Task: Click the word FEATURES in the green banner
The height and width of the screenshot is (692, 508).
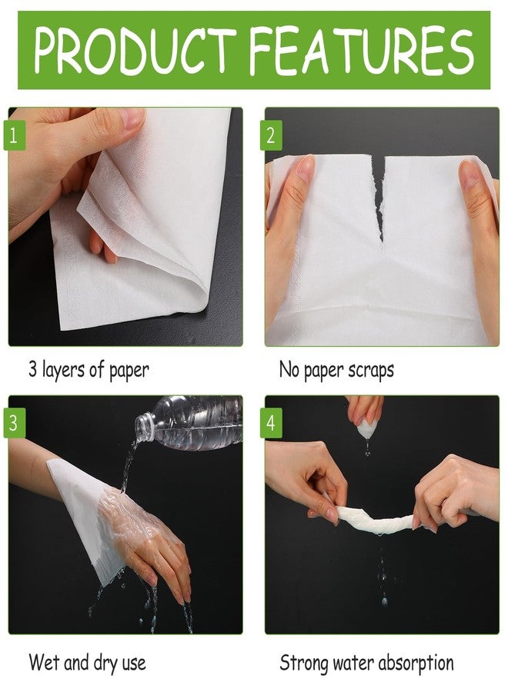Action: tap(362, 50)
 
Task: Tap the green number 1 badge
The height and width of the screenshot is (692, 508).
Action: tap(15, 135)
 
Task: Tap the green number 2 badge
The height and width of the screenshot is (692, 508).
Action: tap(271, 135)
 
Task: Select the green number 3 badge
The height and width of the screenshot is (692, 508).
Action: tap(15, 423)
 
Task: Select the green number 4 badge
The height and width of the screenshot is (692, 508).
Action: tap(271, 423)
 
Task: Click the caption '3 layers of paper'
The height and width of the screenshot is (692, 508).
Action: tap(89, 370)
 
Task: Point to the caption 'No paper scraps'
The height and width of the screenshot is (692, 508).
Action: tap(336, 370)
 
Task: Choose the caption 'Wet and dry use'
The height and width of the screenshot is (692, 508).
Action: tap(87, 663)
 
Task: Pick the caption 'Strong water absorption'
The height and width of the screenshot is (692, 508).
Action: tap(366, 663)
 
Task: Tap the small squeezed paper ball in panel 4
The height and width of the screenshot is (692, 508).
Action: tap(367, 428)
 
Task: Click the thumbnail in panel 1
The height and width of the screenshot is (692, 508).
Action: tap(131, 118)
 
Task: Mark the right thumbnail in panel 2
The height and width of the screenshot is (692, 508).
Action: tap(468, 174)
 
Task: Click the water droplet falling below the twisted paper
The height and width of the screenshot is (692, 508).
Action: tap(384, 601)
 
